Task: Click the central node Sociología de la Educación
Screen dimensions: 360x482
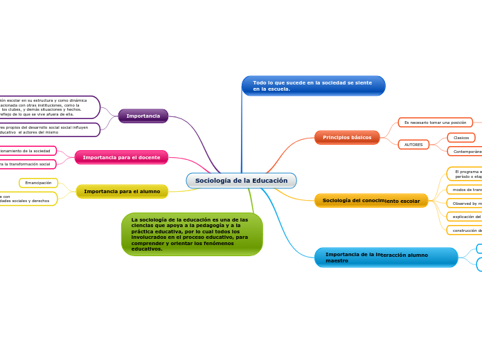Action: click(x=241, y=181)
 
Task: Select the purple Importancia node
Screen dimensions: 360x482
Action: click(x=143, y=116)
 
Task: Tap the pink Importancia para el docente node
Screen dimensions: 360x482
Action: click(x=121, y=157)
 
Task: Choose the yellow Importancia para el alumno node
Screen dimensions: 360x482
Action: click(x=122, y=191)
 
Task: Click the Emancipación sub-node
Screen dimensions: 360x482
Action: click(x=38, y=183)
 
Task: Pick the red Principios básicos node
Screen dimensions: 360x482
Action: click(x=346, y=137)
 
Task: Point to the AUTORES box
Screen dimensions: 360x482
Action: click(x=413, y=145)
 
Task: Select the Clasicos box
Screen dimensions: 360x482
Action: click(x=461, y=138)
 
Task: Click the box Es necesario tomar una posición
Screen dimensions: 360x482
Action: click(x=435, y=123)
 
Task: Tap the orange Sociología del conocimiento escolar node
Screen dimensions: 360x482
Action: click(x=371, y=201)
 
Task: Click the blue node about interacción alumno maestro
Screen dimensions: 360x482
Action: click(x=386, y=258)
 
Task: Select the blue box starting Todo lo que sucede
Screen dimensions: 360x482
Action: click(x=313, y=86)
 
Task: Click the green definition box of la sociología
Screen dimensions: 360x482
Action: click(x=192, y=234)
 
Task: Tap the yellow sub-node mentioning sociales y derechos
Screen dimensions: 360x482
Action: click(x=28, y=199)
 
